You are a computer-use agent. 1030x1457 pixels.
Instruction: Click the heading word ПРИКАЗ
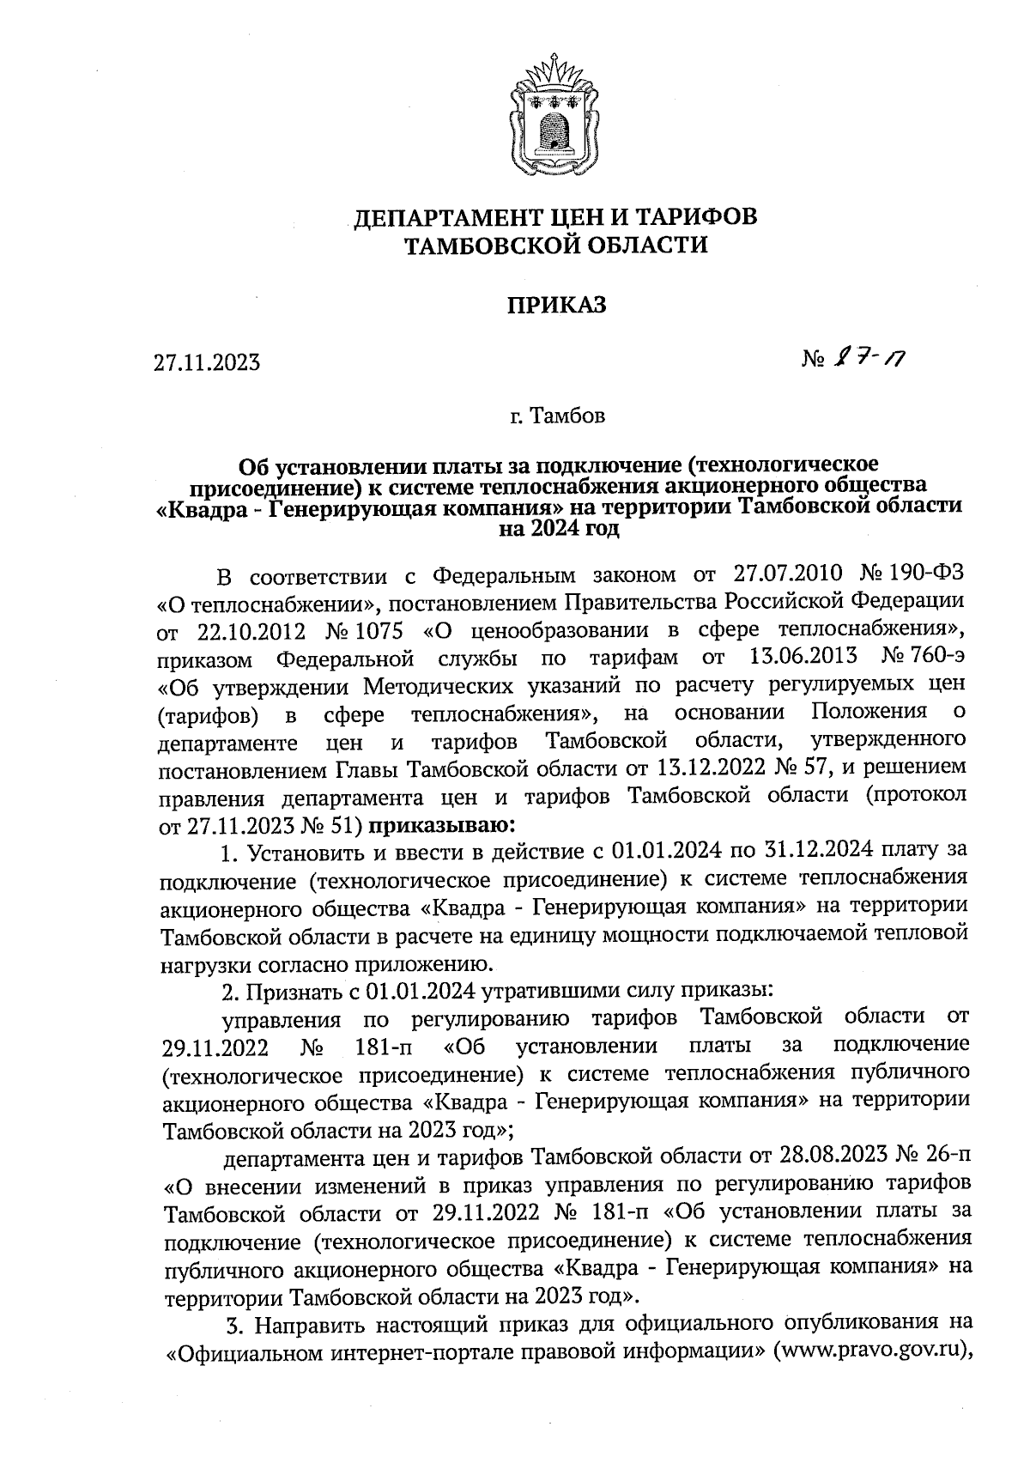[x=555, y=305]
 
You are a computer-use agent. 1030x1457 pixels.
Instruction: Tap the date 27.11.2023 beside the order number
[x=206, y=363]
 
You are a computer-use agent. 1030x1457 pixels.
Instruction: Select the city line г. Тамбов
[x=557, y=417]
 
